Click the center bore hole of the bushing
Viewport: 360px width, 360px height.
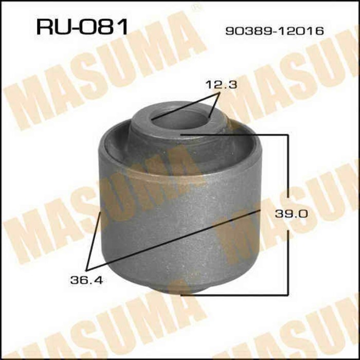pyautogui.click(x=180, y=120)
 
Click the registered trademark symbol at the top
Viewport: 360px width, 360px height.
pyautogui.click(x=195, y=7)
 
